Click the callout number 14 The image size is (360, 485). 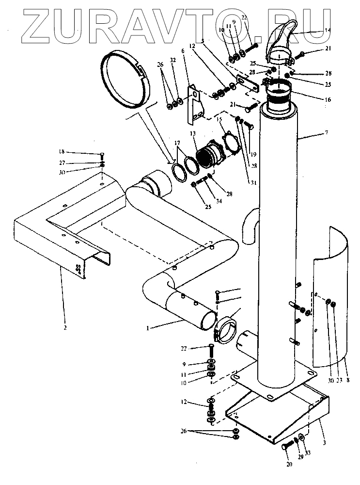pyautogui.click(x=328, y=31)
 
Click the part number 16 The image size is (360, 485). pyautogui.click(x=329, y=99)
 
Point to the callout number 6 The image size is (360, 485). pyautogui.click(x=183, y=51)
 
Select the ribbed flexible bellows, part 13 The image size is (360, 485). pyautogui.click(x=207, y=156)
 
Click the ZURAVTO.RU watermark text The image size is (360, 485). pyautogui.click(x=179, y=22)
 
